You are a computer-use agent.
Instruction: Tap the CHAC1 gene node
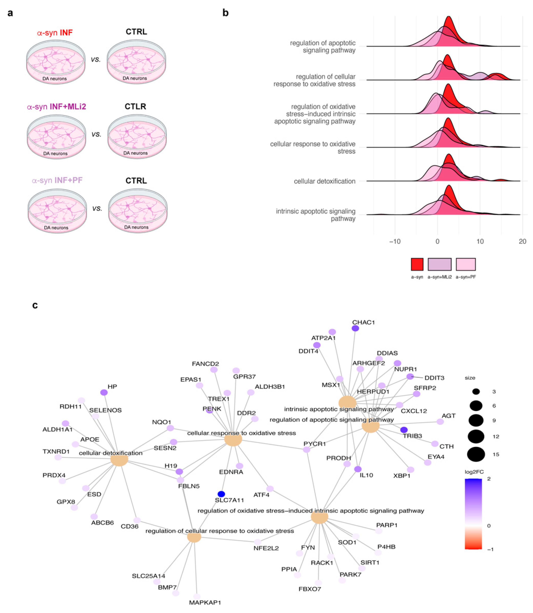[x=355, y=328]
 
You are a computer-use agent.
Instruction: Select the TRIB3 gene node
[x=404, y=430]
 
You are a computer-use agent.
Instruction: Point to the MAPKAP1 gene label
[x=205, y=602]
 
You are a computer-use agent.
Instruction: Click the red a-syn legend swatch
[x=417, y=264]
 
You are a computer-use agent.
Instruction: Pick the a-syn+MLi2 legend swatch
[x=439, y=264]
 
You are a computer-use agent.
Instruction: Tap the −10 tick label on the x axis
[x=395, y=241]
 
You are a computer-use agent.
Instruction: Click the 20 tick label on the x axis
[x=522, y=241]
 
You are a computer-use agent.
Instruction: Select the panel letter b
[x=225, y=13]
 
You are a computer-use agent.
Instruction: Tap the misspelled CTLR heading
[x=135, y=106]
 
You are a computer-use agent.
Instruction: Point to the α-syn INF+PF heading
[x=57, y=180]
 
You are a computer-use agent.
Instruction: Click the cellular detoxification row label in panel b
[x=324, y=181]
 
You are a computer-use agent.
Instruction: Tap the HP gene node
[x=104, y=392]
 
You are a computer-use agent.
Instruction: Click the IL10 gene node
[x=358, y=469]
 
